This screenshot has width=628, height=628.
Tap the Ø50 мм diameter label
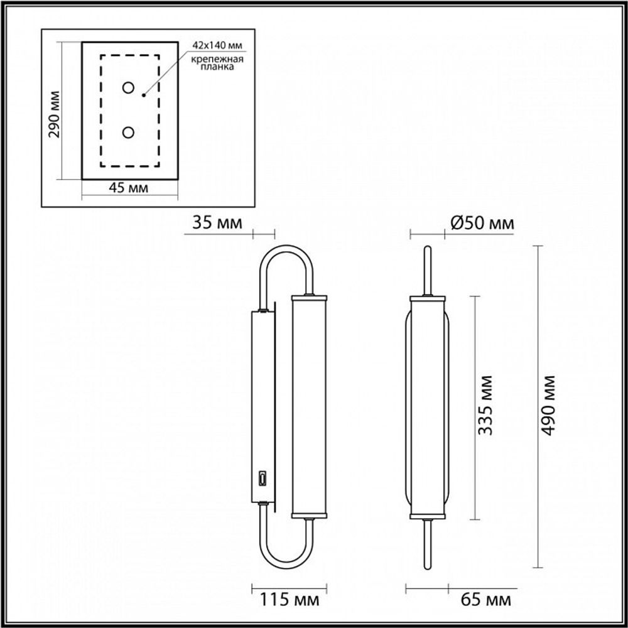pyautogui.click(x=482, y=223)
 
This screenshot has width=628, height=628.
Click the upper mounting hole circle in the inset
pyautogui.click(x=129, y=87)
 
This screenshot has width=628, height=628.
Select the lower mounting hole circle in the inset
pyautogui.click(x=129, y=133)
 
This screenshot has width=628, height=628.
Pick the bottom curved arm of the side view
pyautogui.click(x=286, y=554)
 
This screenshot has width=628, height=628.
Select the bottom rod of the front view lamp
pyautogui.click(x=428, y=540)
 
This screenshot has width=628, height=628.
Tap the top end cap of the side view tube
pyautogui.click(x=308, y=295)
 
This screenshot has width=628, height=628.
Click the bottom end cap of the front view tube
pyautogui.click(x=428, y=516)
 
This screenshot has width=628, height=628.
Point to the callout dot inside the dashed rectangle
pyautogui.click(x=144, y=95)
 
